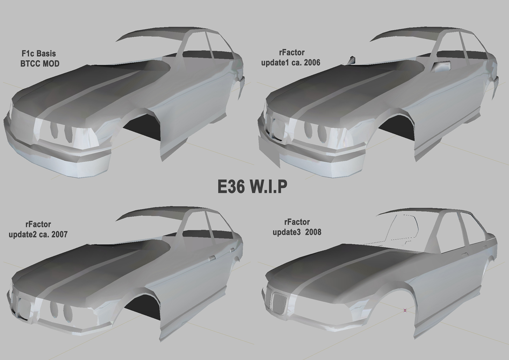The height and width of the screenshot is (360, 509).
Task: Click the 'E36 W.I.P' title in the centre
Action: [252, 187]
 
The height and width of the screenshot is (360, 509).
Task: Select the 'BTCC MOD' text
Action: [40, 64]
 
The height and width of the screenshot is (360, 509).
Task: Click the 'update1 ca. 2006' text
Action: [290, 63]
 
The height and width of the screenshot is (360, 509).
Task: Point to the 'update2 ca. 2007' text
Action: [38, 235]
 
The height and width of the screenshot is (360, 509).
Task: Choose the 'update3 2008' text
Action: [297, 232]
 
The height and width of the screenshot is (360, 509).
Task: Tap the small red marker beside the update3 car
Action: [405, 310]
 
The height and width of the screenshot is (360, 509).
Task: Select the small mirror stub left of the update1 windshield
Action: [352, 60]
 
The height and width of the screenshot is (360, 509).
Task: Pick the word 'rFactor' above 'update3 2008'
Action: [297, 222]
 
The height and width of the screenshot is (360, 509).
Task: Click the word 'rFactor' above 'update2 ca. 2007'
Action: [38, 224]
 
